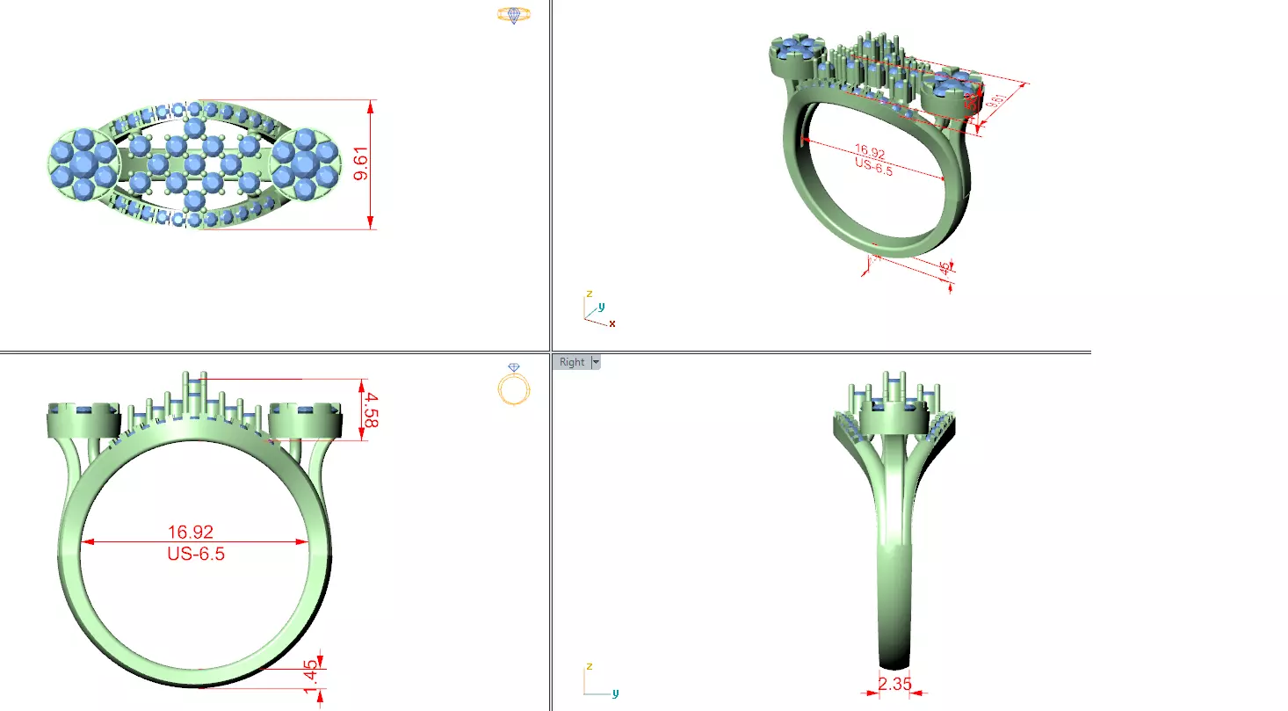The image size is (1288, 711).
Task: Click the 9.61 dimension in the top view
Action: (x=360, y=164)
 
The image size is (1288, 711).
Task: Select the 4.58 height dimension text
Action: (x=369, y=410)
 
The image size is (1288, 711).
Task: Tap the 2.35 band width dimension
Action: (x=894, y=683)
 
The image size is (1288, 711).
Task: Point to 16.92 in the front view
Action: (x=191, y=532)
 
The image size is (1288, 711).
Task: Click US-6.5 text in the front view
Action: (x=195, y=554)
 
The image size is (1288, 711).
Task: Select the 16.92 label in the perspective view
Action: (x=870, y=155)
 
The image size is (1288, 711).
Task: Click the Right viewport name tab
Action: (x=571, y=362)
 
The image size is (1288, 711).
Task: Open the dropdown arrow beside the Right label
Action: (x=596, y=362)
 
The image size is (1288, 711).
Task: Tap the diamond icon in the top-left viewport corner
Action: (x=514, y=15)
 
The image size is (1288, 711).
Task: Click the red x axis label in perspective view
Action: (x=612, y=324)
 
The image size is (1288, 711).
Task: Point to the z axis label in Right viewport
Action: (x=589, y=667)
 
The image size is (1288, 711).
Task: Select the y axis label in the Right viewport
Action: (x=615, y=693)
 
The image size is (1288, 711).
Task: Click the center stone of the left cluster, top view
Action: (x=83, y=163)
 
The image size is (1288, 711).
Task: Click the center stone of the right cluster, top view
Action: (x=304, y=163)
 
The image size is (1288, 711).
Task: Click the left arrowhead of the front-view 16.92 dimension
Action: (x=86, y=542)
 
